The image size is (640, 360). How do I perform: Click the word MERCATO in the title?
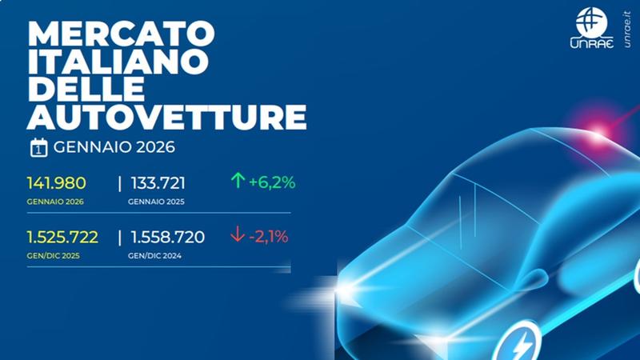coord(122,34)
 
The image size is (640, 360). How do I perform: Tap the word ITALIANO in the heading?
coord(118,62)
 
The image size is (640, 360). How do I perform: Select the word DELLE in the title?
coord(86,89)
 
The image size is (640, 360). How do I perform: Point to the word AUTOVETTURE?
coord(166,116)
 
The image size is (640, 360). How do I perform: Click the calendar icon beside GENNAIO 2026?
coord(38,148)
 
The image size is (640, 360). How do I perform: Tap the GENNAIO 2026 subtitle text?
coord(114,147)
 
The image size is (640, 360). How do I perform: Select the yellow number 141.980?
coord(56,183)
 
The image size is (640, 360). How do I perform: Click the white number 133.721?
coord(158,183)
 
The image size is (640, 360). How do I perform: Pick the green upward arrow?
coord(238,181)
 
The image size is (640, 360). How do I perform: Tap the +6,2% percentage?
coord(272,182)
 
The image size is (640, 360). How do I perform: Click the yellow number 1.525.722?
coord(62,237)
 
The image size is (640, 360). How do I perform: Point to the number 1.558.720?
coord(168,237)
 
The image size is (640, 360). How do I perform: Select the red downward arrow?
coord(238,234)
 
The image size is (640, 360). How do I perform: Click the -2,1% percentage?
coord(269,237)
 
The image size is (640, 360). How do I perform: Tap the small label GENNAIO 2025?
coord(156,202)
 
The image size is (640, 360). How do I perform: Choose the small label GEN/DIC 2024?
coord(154,256)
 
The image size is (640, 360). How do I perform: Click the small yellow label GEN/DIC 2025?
coord(53,256)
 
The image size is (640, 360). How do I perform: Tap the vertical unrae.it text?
coord(627,30)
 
